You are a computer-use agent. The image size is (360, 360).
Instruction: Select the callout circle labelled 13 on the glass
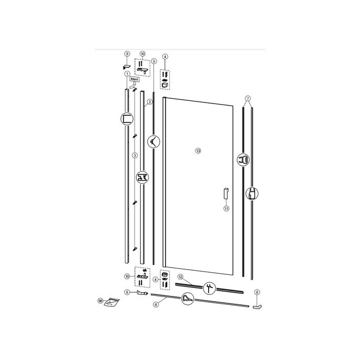(198, 150)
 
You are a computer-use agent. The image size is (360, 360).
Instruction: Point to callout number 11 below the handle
(227, 208)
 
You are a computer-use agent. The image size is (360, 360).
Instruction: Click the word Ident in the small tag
(135, 79)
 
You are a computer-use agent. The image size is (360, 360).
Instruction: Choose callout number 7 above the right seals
(248, 98)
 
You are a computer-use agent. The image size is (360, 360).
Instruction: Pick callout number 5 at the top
(153, 60)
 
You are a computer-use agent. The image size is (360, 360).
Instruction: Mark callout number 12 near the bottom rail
(180, 276)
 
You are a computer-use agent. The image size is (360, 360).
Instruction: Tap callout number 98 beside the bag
(100, 301)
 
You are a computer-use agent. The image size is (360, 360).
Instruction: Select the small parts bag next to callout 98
(112, 301)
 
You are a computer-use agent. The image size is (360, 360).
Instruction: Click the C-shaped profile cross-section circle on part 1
(127, 119)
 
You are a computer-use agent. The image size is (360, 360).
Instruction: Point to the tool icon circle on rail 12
(209, 286)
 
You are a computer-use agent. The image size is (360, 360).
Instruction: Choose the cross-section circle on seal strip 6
(188, 298)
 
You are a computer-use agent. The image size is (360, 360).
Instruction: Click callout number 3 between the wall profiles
(135, 156)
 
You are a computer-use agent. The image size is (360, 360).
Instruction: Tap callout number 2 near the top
(150, 101)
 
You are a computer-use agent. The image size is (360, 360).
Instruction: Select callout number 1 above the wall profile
(127, 74)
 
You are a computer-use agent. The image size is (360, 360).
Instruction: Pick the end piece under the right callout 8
(256, 307)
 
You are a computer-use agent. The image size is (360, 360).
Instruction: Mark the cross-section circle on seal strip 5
(153, 140)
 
